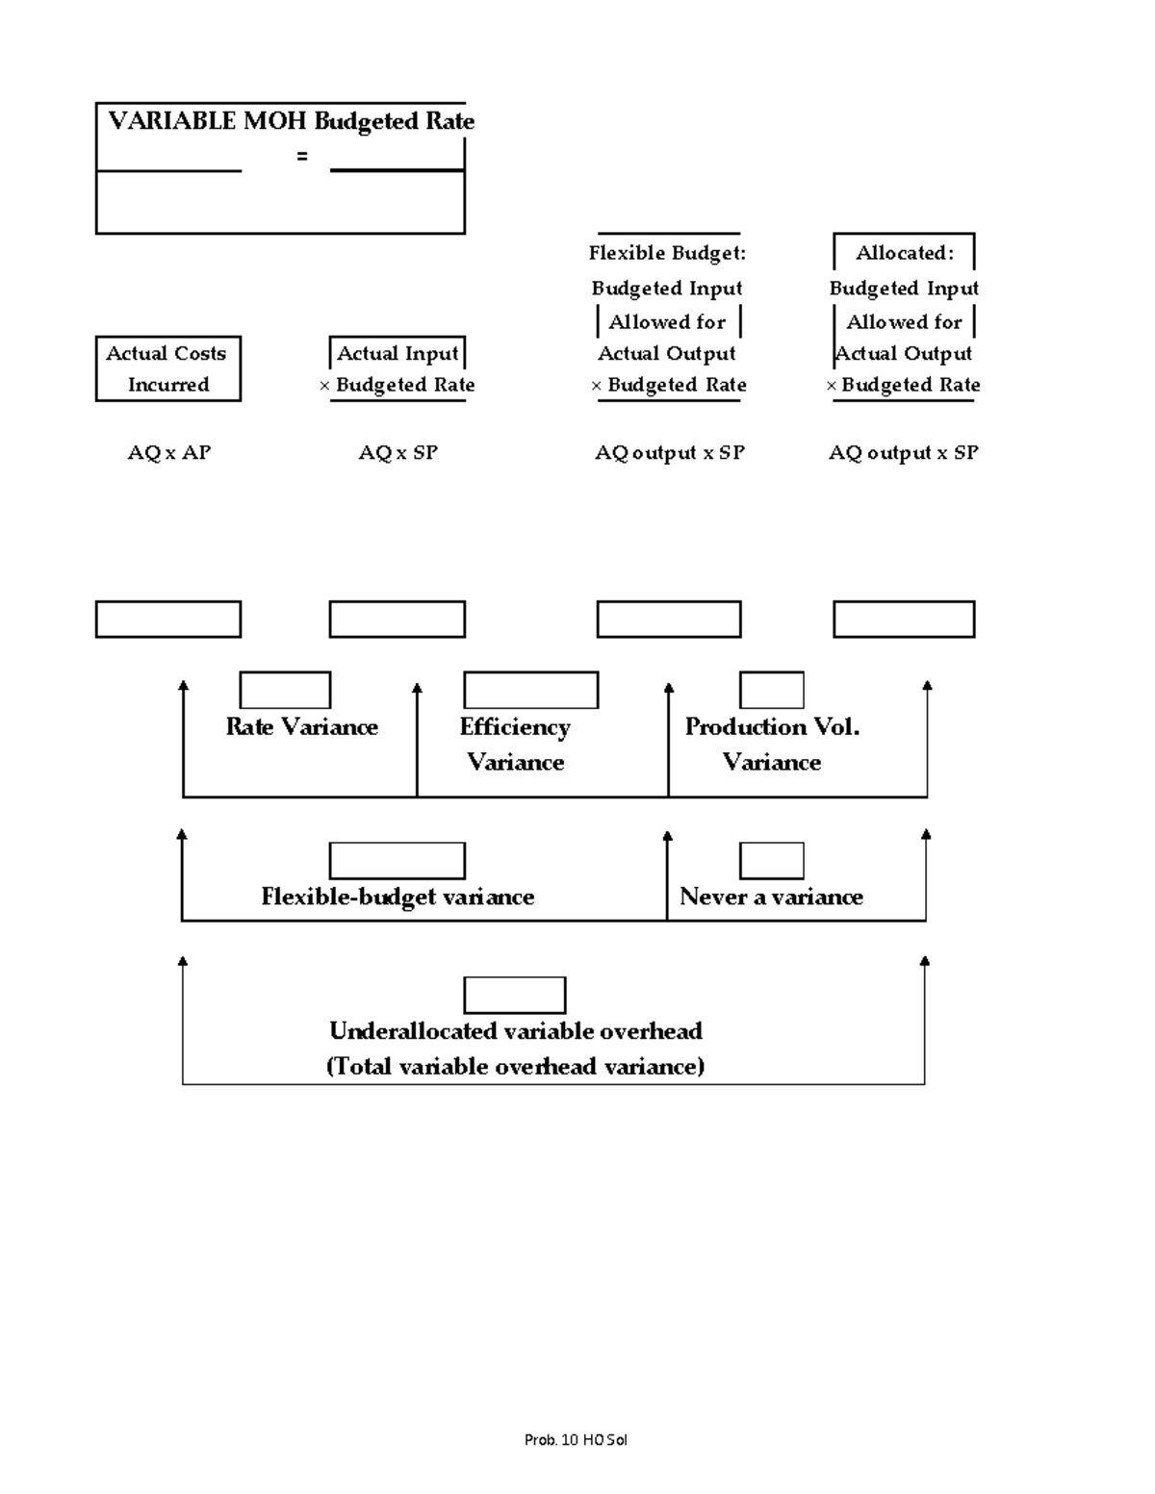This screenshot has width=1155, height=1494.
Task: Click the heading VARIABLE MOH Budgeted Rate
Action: (291, 121)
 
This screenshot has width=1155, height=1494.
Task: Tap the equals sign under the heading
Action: (302, 156)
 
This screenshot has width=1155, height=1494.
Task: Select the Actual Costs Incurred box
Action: (167, 368)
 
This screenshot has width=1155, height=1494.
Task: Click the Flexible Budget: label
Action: (667, 253)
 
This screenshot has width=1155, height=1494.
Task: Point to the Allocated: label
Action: (905, 253)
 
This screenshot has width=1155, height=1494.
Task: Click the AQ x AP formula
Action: (169, 453)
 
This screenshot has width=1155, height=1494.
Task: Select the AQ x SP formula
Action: (398, 453)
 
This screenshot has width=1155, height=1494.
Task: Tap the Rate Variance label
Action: (301, 727)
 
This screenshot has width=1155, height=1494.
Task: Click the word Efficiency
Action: (515, 727)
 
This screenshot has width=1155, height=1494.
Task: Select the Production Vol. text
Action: (772, 727)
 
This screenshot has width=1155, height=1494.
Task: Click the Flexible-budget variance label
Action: (398, 897)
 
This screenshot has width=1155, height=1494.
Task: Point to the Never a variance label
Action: (771, 897)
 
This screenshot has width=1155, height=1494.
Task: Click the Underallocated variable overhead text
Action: (515, 1031)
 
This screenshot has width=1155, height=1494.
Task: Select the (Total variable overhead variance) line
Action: (515, 1067)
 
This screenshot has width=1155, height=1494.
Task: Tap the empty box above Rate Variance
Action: (285, 691)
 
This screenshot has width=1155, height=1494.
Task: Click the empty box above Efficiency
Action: (530, 691)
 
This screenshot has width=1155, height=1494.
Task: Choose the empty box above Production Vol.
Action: (771, 691)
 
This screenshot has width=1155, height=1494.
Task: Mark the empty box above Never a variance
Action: (771, 861)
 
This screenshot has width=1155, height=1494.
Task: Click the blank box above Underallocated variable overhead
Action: (515, 996)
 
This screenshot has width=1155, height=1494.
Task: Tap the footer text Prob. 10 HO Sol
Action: (576, 1440)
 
